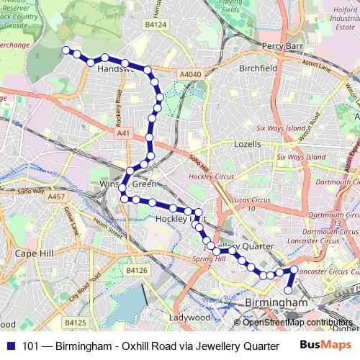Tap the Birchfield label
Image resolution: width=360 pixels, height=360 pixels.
258,68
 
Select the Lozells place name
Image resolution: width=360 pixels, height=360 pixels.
248,144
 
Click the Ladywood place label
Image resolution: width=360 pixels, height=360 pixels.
189,318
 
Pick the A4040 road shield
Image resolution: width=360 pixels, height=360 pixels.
190,74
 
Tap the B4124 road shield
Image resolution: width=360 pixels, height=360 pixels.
155,25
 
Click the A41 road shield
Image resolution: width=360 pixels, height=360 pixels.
124,132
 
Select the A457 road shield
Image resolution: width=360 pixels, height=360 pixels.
55,196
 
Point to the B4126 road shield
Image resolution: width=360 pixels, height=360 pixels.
136,270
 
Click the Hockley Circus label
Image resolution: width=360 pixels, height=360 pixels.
207,176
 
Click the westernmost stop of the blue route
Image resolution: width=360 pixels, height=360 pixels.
66,50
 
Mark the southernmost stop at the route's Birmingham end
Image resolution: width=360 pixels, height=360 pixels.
289,290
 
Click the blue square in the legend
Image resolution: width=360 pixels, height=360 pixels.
9,346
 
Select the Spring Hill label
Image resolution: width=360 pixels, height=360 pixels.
209,258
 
